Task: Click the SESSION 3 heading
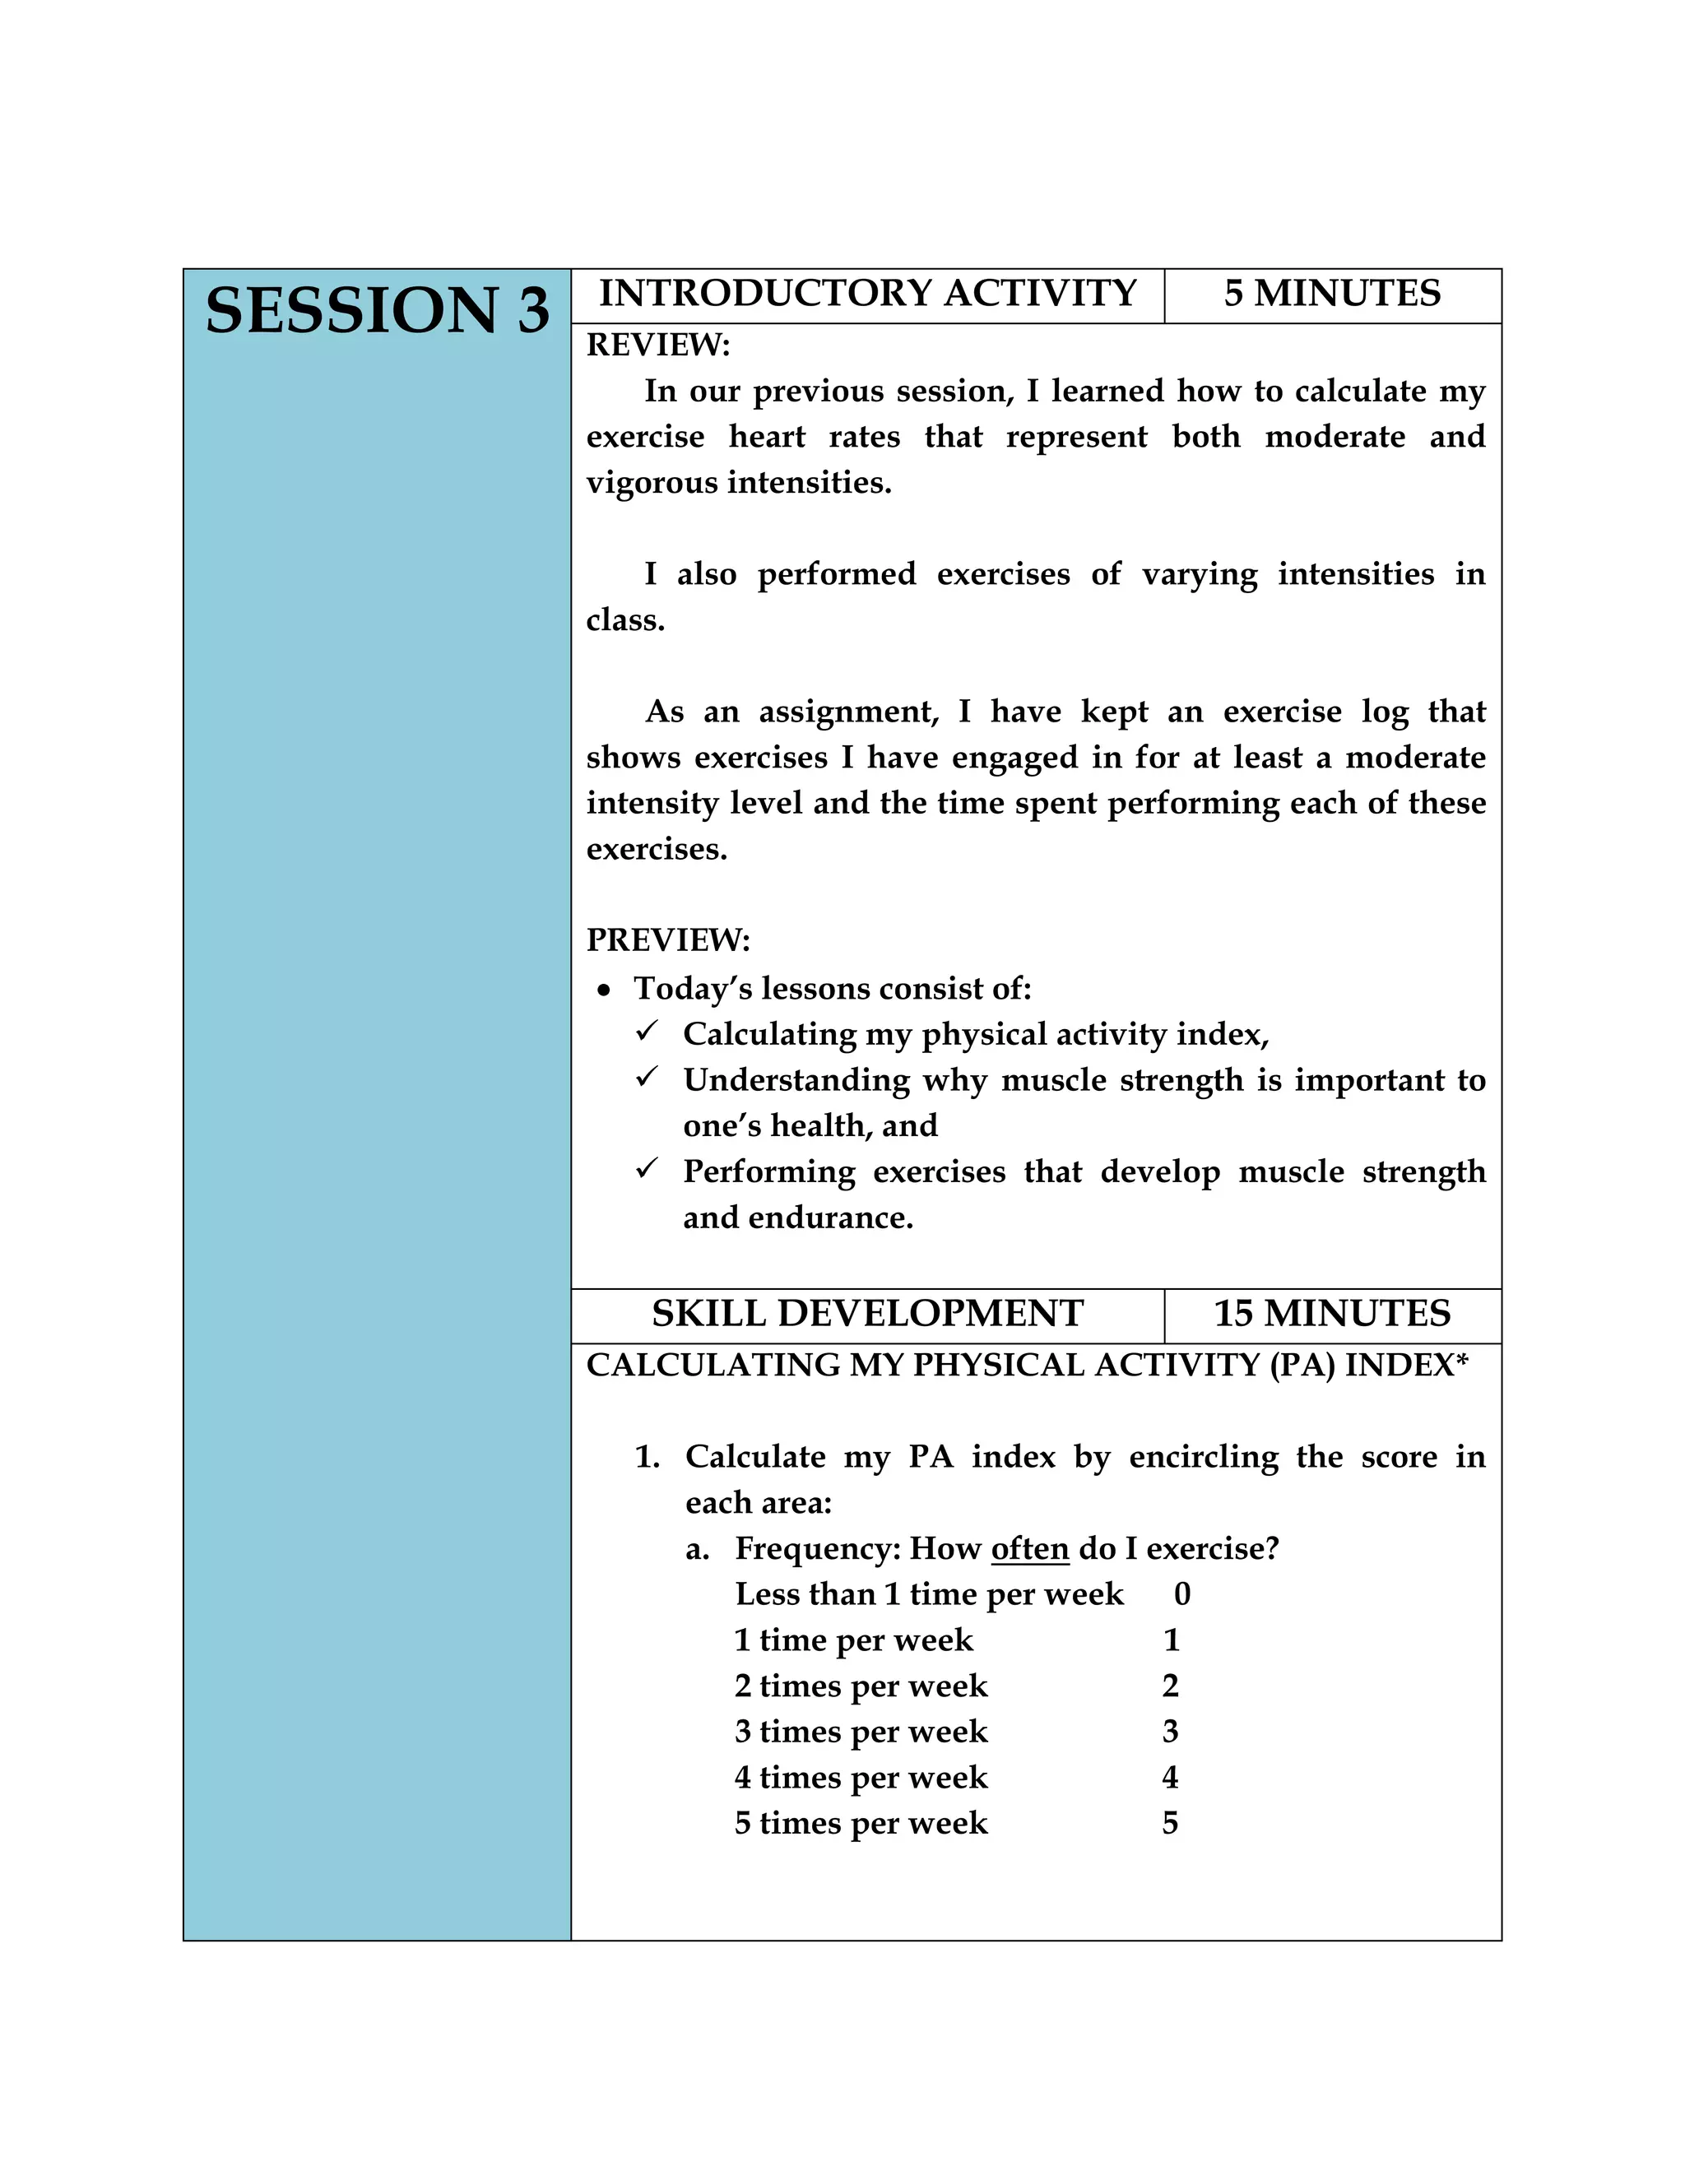click(x=378, y=310)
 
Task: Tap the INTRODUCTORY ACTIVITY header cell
click(x=867, y=294)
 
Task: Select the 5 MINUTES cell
click(x=1332, y=294)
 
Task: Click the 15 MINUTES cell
click(x=1332, y=1314)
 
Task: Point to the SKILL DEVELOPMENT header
click(x=867, y=1314)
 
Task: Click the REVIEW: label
click(x=658, y=346)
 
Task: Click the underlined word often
click(x=1029, y=1549)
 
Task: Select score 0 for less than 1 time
click(x=1182, y=1595)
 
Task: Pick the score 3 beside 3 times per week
click(x=1170, y=1732)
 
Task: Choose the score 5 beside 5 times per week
click(x=1170, y=1824)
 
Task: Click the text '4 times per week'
click(x=861, y=1778)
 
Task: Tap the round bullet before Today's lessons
click(x=603, y=991)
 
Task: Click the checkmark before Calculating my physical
click(x=647, y=1031)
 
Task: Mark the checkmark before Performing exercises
click(x=647, y=1168)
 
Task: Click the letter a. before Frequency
click(x=698, y=1550)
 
